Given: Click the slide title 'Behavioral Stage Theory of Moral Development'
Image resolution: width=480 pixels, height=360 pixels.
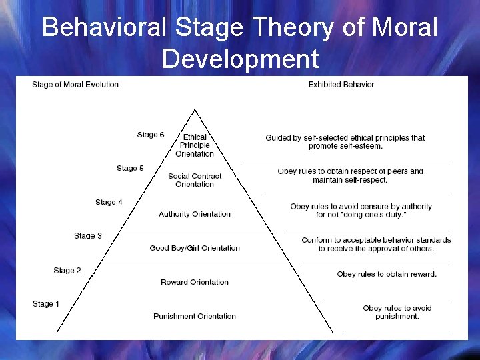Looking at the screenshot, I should point(240,43).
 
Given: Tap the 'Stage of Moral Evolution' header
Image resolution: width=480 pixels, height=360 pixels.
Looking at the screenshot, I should point(75,85).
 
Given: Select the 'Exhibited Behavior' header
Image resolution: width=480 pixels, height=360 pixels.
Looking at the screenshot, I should point(341,85).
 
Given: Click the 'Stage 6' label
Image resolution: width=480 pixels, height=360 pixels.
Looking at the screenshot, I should point(151,135).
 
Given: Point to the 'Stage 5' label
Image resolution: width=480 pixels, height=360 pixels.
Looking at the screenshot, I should point(130,168).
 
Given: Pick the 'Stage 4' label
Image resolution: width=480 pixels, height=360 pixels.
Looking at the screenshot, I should point(109,202).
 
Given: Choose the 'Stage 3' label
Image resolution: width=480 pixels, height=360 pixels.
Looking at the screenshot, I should point(88,235).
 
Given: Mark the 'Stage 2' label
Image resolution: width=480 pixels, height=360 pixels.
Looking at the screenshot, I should point(67,270).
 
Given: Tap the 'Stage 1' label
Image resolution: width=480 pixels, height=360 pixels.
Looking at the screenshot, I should point(46,304).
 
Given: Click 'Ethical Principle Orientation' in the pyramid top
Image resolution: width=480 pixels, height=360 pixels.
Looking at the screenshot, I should point(195,145).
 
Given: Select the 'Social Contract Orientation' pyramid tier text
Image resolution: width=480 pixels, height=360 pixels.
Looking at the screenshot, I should point(195,180).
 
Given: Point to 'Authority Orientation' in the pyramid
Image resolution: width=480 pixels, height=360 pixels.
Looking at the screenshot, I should point(195,214).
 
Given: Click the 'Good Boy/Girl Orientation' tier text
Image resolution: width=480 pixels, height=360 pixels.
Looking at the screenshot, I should point(195,248).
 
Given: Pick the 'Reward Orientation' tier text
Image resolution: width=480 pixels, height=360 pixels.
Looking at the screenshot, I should point(195,282).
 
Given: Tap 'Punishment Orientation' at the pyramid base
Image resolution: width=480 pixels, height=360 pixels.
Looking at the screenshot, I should point(195,316).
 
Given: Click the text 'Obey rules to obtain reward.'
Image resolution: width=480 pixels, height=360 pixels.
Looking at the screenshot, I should point(387,274).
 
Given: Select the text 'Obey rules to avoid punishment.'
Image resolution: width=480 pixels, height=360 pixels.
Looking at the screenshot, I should point(397,312).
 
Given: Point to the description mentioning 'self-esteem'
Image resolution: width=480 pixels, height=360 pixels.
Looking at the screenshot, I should point(345,141).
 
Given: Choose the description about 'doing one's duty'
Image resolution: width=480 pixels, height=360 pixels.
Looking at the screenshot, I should point(361,211).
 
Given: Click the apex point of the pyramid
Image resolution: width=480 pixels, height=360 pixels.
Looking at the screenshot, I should point(194,109).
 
